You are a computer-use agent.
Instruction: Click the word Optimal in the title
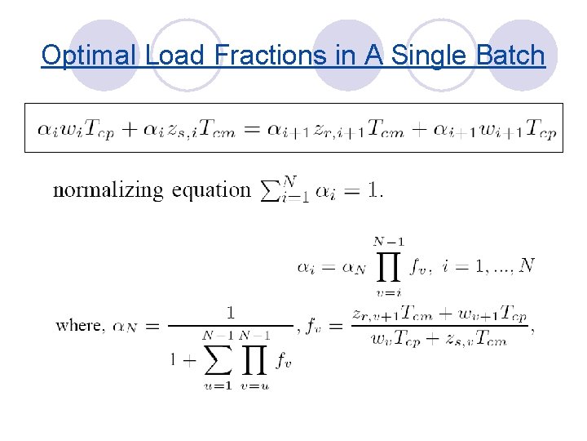[90, 56]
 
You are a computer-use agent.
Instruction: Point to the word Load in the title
[175, 56]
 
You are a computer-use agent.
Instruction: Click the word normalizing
[108, 190]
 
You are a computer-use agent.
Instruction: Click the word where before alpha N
[78, 325]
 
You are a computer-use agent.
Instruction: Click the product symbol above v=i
[389, 266]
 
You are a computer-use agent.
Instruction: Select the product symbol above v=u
[254, 357]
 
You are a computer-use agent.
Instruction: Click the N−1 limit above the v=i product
[389, 242]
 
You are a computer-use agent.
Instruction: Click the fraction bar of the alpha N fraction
[231, 325]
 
